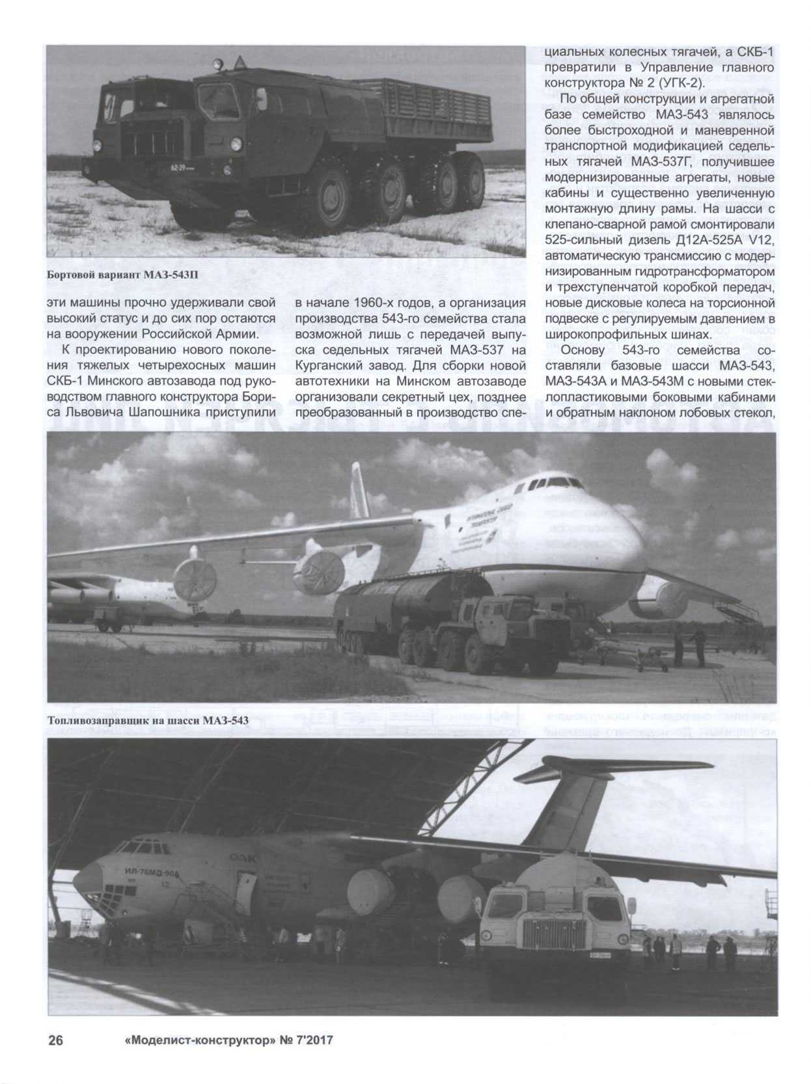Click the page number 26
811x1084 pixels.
pos(56,1040)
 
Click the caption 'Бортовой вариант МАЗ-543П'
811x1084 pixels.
pos(122,275)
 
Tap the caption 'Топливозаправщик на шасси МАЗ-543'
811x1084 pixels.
pos(148,720)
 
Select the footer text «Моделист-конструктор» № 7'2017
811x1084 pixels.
pos(228,1040)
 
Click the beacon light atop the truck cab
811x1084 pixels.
pos(217,64)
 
